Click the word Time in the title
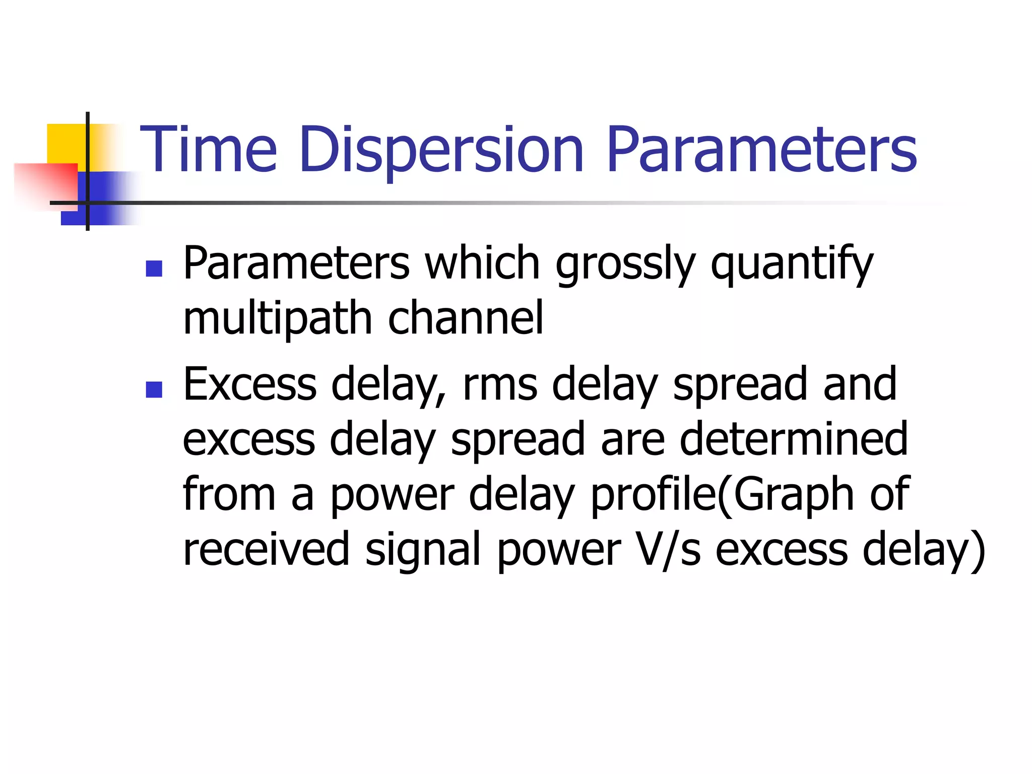pyautogui.click(x=208, y=150)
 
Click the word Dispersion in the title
pyautogui.click(x=441, y=150)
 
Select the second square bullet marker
pyautogui.click(x=154, y=389)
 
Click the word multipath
pyautogui.click(x=277, y=318)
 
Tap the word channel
pyautogui.click(x=466, y=318)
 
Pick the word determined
pyautogui.click(x=793, y=439)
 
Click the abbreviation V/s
pyautogui.click(x=668, y=549)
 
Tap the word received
pyautogui.click(x=266, y=549)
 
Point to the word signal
pyautogui.click(x=422, y=549)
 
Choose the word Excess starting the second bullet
pyautogui.click(x=249, y=385)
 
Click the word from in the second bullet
pyautogui.click(x=229, y=495)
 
